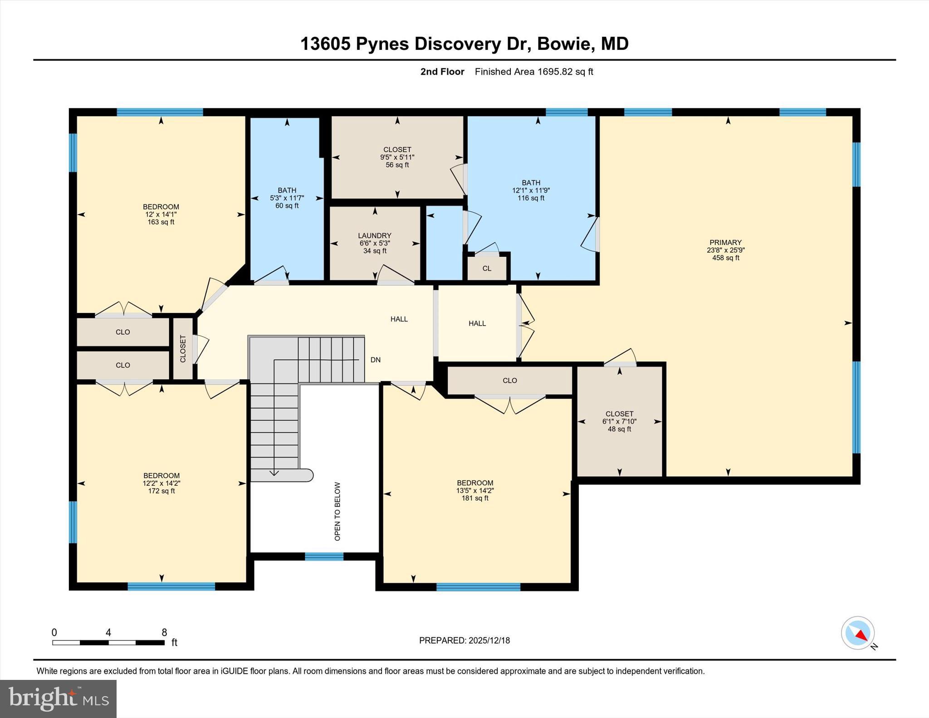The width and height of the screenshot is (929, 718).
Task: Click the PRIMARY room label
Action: (x=725, y=242)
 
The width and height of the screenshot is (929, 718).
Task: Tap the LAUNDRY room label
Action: (x=374, y=235)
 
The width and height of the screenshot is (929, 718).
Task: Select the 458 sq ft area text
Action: (x=725, y=258)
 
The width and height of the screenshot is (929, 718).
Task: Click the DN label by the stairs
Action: (x=375, y=360)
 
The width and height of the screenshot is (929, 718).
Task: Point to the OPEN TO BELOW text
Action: (x=337, y=511)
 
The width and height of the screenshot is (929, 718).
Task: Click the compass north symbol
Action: (x=858, y=632)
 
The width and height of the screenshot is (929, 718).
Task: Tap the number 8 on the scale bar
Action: (x=164, y=632)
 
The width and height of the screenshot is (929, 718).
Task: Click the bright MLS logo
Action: (x=59, y=698)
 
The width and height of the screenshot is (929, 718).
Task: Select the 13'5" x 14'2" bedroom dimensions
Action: (x=474, y=490)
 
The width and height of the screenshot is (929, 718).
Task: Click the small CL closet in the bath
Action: (x=487, y=269)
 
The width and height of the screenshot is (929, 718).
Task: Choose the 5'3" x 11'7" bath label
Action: (x=287, y=198)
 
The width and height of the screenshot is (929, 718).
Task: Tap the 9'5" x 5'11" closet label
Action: (x=397, y=157)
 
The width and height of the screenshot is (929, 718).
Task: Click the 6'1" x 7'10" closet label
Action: (x=619, y=421)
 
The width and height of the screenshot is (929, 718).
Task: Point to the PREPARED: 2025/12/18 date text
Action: (x=464, y=640)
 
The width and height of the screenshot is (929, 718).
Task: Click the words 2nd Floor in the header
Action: (x=442, y=72)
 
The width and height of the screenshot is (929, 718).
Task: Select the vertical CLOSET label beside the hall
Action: (x=183, y=348)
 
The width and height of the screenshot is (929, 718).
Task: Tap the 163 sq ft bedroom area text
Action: (x=161, y=222)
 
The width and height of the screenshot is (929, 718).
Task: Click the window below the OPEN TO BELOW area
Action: (x=324, y=557)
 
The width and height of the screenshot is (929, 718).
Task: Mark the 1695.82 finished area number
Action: (x=555, y=72)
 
